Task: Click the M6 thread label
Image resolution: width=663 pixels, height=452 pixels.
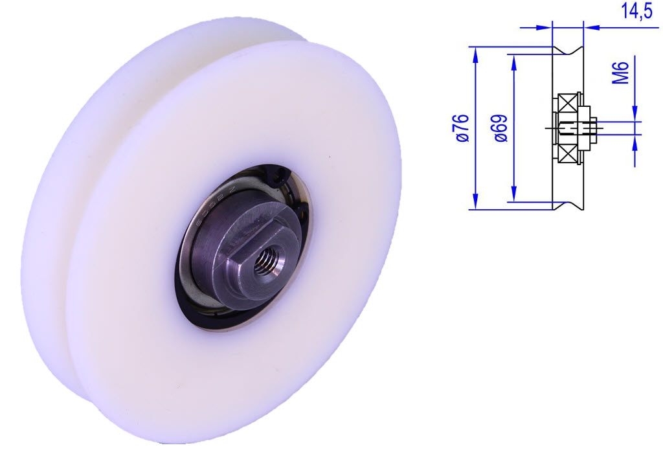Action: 621,72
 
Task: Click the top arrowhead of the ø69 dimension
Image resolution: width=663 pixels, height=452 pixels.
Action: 514,60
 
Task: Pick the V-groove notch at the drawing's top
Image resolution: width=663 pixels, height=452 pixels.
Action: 568,52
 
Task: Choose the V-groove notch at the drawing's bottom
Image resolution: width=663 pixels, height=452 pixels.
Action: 568,205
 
